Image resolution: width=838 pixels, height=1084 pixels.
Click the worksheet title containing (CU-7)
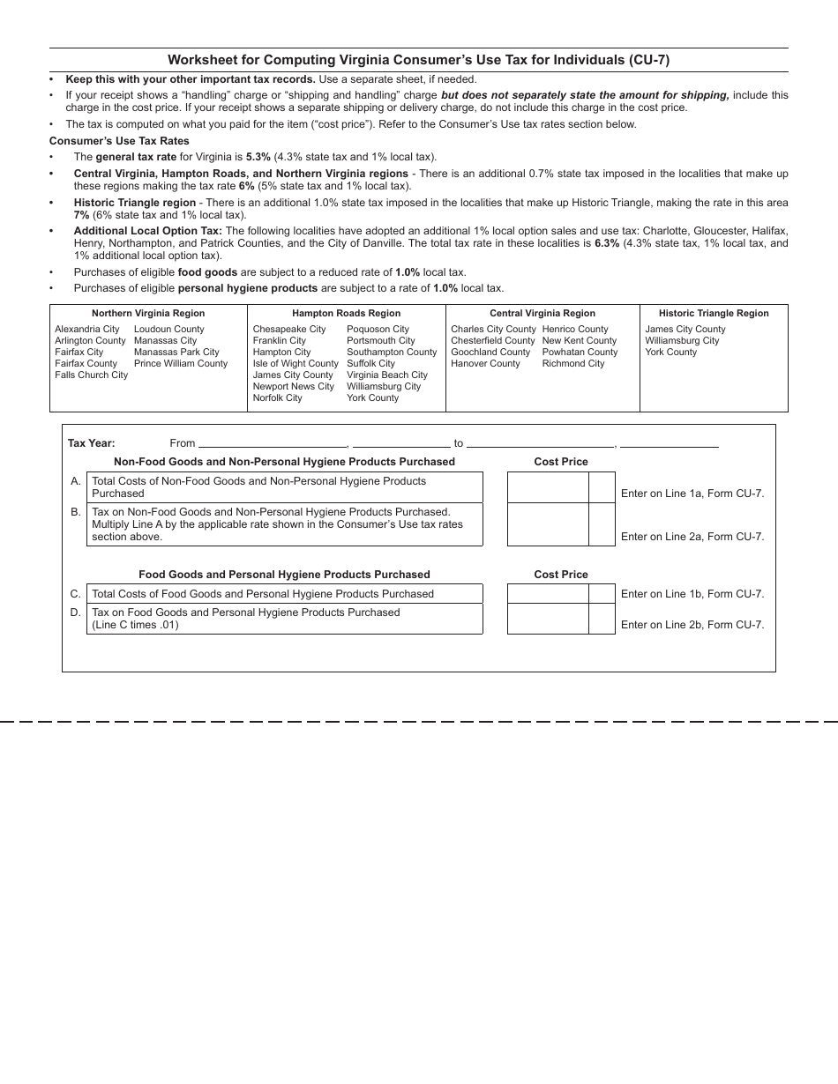coord(418,60)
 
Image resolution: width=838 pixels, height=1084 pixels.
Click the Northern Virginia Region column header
coord(148,313)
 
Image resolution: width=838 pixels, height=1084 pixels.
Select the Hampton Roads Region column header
coord(346,313)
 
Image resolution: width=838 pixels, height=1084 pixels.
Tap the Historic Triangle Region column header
coord(713,313)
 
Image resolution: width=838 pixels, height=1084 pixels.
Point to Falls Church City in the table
coord(91,375)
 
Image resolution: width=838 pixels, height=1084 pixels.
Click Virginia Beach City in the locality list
coord(386,375)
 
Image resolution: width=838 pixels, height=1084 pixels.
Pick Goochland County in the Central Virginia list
coord(490,352)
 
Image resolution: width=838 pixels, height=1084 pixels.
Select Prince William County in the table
coord(181,363)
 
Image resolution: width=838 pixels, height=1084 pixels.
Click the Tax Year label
coord(92,443)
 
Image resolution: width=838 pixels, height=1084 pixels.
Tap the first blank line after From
coord(273,442)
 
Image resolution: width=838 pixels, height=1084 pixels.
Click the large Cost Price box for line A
coord(547,487)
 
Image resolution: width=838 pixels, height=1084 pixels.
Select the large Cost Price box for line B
coord(547,524)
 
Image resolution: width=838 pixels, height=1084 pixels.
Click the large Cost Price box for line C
coord(547,593)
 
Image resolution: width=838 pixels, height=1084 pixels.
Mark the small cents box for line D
coord(602,619)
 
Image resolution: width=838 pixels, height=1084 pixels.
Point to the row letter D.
coord(76,613)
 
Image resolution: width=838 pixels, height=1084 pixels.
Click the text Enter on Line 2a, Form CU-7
coord(692,537)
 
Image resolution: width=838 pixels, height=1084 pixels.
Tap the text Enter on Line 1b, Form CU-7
coord(692,594)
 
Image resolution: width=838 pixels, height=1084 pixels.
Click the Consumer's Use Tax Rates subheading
coord(119,141)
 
